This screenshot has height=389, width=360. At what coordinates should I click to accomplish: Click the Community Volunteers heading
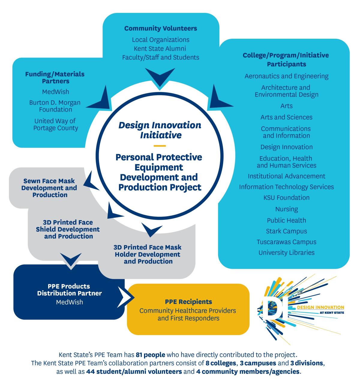coord(160,28)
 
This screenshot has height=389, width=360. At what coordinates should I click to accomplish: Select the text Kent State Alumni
coord(160,48)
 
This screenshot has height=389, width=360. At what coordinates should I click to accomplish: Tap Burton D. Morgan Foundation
coord(55,106)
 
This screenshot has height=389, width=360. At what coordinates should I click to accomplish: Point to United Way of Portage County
coord(55,124)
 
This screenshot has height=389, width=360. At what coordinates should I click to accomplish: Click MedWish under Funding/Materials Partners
coord(55,91)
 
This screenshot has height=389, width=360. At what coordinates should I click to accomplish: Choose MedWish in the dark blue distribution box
coord(69,302)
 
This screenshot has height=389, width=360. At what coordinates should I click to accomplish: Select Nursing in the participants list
coord(286,209)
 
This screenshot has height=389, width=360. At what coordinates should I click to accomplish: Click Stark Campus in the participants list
coord(286,231)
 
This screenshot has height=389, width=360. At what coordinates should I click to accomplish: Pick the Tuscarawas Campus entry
coord(286,242)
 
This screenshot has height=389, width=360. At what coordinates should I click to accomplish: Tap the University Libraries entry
coord(286,253)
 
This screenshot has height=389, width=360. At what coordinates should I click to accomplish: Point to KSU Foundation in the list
coord(286,198)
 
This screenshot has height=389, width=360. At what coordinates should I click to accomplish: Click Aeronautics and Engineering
coord(286,76)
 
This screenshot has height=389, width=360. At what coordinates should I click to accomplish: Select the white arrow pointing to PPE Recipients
coord(124,297)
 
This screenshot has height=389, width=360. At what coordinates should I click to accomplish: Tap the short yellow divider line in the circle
coord(160,146)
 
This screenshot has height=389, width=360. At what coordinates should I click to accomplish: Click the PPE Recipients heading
coord(188,302)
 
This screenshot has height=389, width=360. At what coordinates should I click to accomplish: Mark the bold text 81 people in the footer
coord(150,355)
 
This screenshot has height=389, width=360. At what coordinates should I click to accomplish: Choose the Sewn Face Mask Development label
coord(49,188)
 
